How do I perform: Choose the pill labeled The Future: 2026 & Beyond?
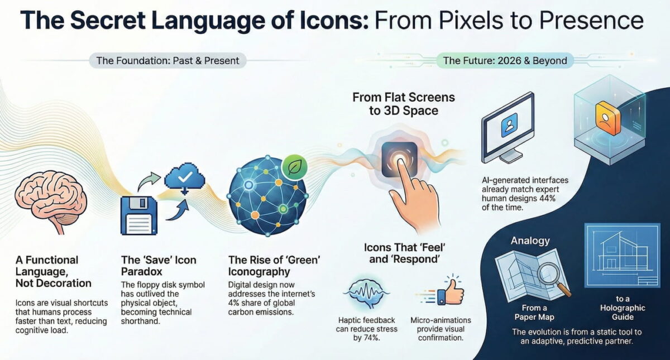(505, 61)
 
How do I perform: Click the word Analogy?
(530, 241)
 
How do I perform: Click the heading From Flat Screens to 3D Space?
(404, 103)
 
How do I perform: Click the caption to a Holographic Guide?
(623, 308)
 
